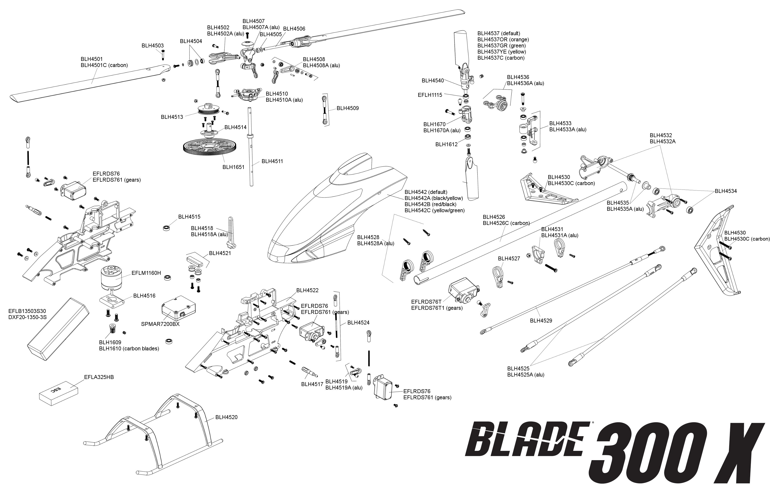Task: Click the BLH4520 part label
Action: [226, 417]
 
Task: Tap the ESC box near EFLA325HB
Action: [58, 393]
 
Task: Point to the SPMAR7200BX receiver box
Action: [178, 308]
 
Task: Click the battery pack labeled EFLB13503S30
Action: [58, 329]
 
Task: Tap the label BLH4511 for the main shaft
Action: [272, 161]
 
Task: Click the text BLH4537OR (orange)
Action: [503, 39]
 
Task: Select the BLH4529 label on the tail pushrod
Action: [541, 321]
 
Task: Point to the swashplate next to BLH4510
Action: [247, 95]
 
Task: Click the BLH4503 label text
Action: [153, 46]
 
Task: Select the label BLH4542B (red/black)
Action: [430, 204]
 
